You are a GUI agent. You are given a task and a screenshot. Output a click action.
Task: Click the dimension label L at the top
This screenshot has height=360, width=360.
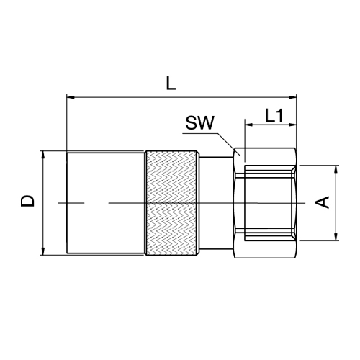[171, 84]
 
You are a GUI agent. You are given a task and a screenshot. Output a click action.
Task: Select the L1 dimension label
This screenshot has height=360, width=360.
[274, 115]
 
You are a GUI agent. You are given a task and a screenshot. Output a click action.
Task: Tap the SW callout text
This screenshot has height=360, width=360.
[199, 123]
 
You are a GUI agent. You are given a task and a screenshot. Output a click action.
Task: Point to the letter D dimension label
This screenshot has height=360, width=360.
[27, 201]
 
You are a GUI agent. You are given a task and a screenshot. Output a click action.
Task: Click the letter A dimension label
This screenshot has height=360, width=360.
[322, 202]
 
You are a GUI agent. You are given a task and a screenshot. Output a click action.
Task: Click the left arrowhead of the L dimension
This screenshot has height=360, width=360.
[71, 97]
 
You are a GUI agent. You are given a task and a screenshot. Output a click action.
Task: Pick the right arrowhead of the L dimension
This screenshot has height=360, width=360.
[292, 97]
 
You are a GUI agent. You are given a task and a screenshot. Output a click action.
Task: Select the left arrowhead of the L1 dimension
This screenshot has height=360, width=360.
[248, 125]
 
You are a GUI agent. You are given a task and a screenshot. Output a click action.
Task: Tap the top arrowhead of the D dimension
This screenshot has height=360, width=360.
[43, 155]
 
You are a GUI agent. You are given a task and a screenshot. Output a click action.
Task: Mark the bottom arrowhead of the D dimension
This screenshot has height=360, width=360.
[43, 251]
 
